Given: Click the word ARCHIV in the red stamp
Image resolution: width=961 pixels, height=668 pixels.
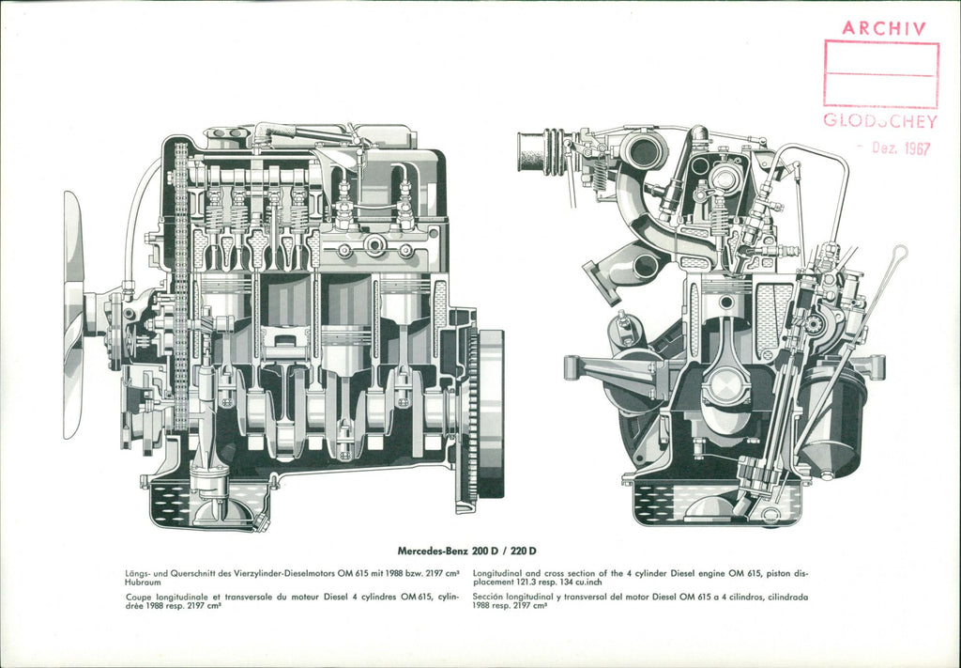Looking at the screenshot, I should tap(884, 27).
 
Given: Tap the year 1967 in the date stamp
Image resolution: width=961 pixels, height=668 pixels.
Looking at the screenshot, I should tap(912, 148).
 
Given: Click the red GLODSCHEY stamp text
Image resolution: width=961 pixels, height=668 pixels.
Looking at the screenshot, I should tap(880, 120).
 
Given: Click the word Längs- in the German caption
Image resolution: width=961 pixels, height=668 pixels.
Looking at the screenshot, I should tap(139, 572).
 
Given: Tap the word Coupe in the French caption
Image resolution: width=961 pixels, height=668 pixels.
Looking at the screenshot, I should tap(140, 597).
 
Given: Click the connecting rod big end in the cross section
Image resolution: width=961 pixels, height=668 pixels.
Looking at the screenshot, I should tap(726, 385).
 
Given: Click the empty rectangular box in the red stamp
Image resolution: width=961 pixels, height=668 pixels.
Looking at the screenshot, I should tap(880, 73).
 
